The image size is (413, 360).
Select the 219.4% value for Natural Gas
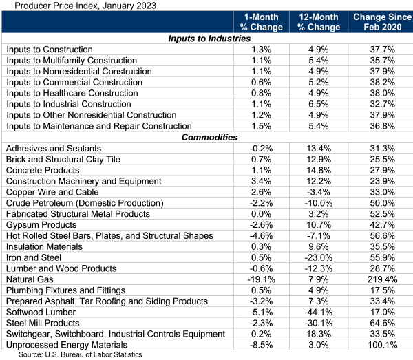(377, 279)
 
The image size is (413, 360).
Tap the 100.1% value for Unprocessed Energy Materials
(377, 344)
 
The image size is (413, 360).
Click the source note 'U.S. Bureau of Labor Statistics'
(81, 354)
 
